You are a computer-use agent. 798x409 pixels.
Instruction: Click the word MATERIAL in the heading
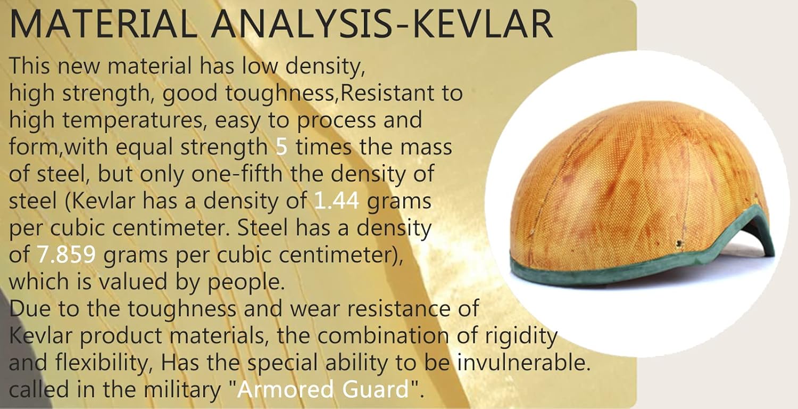tap(103, 24)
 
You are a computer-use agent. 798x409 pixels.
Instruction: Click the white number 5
tap(281, 147)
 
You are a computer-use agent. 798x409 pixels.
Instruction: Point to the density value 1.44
tap(337, 201)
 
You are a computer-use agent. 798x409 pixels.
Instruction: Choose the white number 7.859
tap(66, 255)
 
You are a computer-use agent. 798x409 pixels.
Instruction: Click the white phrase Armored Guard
tap(323, 389)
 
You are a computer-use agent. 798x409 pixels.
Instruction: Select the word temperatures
tap(132, 120)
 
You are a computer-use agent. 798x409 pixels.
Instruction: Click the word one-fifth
tap(237, 174)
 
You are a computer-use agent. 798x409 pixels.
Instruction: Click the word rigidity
tap(521, 336)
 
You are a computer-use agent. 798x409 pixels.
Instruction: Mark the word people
tap(246, 282)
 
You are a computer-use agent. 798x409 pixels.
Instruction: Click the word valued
tap(132, 281)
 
